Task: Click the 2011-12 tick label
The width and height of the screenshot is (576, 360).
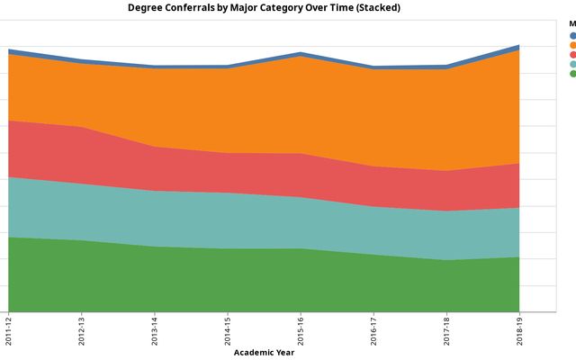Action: (x=8, y=328)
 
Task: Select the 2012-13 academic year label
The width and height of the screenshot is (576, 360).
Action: (x=82, y=328)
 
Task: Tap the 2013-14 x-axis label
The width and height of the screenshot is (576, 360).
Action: (x=155, y=328)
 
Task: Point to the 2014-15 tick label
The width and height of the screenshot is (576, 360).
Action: (x=228, y=328)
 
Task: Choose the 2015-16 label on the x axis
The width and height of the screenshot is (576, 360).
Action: (x=301, y=328)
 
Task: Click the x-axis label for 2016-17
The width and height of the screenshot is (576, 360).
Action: (x=373, y=328)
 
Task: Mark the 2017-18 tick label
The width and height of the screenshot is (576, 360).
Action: (x=447, y=328)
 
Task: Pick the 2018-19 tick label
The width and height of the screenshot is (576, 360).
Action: (x=520, y=328)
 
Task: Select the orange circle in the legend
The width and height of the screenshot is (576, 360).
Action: (x=572, y=45)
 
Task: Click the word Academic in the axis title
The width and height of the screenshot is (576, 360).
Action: (x=254, y=353)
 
